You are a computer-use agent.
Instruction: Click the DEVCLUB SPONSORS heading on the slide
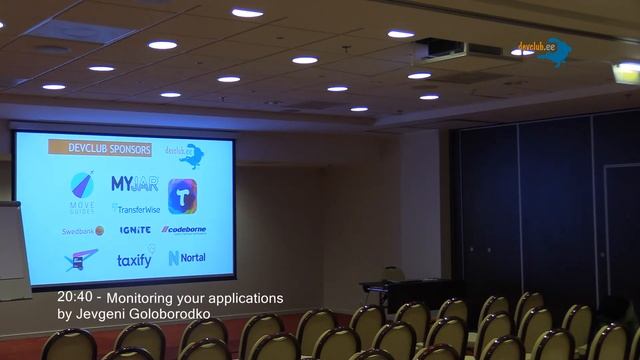click(100, 149)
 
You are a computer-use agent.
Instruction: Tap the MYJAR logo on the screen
click(134, 184)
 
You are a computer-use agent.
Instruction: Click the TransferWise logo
click(136, 208)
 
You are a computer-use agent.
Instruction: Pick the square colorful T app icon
click(182, 196)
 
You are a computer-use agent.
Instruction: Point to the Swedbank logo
click(82, 230)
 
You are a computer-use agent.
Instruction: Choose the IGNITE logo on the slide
click(135, 230)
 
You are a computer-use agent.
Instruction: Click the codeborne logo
click(184, 230)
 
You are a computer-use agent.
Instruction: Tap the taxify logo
click(134, 260)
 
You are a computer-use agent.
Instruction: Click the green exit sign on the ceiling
click(626, 71)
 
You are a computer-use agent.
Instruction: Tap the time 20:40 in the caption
click(76, 298)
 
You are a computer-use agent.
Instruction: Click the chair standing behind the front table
click(393, 274)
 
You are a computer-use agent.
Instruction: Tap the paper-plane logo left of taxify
click(80, 260)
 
